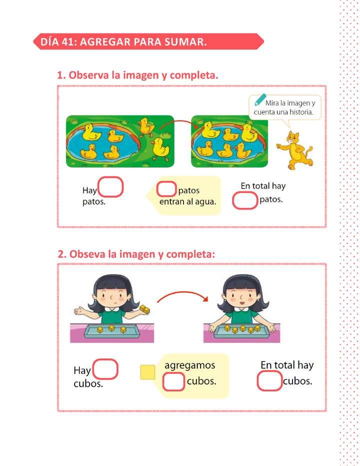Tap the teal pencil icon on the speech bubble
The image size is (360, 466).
click(x=260, y=100)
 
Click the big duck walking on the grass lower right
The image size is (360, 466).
click(x=160, y=147)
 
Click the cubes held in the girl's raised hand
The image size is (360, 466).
click(x=145, y=309)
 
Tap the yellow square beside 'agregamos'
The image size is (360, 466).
click(x=147, y=372)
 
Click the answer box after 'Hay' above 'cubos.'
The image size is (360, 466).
click(x=105, y=369)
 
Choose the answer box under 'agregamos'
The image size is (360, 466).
click(x=173, y=381)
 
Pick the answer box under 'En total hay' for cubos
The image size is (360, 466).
click(x=269, y=381)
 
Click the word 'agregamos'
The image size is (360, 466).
click(x=190, y=365)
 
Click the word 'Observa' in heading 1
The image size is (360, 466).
click(x=89, y=75)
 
